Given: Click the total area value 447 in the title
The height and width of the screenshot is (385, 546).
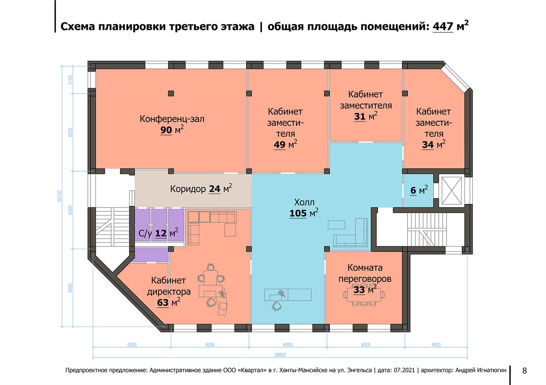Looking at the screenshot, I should [443, 26].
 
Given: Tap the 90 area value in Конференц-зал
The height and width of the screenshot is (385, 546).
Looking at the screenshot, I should [166, 130].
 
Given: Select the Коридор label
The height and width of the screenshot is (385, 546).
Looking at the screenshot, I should [188, 189].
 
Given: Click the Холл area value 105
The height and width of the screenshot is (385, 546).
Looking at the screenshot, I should [298, 213].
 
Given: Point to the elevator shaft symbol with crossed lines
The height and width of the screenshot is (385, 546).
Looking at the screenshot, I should [452, 190].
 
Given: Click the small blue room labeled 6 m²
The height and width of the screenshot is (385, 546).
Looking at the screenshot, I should [418, 190].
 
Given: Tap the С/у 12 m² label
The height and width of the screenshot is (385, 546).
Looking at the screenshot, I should [158, 233].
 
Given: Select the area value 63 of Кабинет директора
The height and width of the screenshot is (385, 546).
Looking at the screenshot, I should [163, 302].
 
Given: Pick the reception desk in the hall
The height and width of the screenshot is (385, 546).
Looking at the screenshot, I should [288, 294].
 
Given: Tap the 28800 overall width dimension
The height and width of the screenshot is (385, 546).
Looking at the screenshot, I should [280, 355].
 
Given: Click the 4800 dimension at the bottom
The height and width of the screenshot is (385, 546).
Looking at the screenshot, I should [436, 345].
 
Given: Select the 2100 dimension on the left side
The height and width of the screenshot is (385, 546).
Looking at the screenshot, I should [70, 80].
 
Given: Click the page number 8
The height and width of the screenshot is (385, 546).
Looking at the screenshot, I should [524, 371].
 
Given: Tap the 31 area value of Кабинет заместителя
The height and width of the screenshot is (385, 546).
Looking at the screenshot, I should [360, 116].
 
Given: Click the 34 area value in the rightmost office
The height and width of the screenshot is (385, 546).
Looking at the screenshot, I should [428, 145].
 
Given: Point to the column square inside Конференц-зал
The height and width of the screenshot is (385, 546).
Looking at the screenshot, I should [171, 93].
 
